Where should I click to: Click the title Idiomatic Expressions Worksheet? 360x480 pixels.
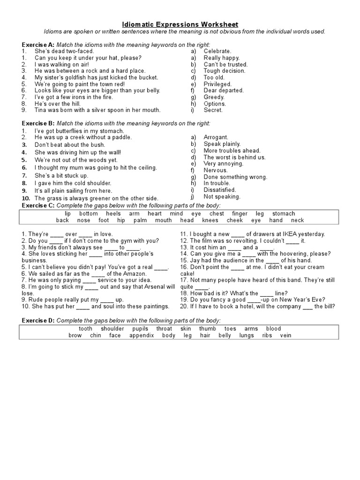click(x=180, y=24)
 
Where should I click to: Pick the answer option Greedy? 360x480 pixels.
click(x=214, y=97)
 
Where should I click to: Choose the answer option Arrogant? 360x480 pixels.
click(x=216, y=137)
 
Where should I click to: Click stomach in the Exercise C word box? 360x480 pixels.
click(x=284, y=214)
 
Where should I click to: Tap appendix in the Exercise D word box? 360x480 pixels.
click(x=141, y=336)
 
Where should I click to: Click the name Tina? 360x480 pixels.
click(x=41, y=110)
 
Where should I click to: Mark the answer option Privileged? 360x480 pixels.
click(x=218, y=84)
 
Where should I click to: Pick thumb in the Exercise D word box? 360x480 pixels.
click(x=208, y=329)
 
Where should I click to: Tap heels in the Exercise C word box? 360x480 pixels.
click(x=114, y=214)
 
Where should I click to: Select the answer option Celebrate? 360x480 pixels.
click(x=217, y=51)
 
